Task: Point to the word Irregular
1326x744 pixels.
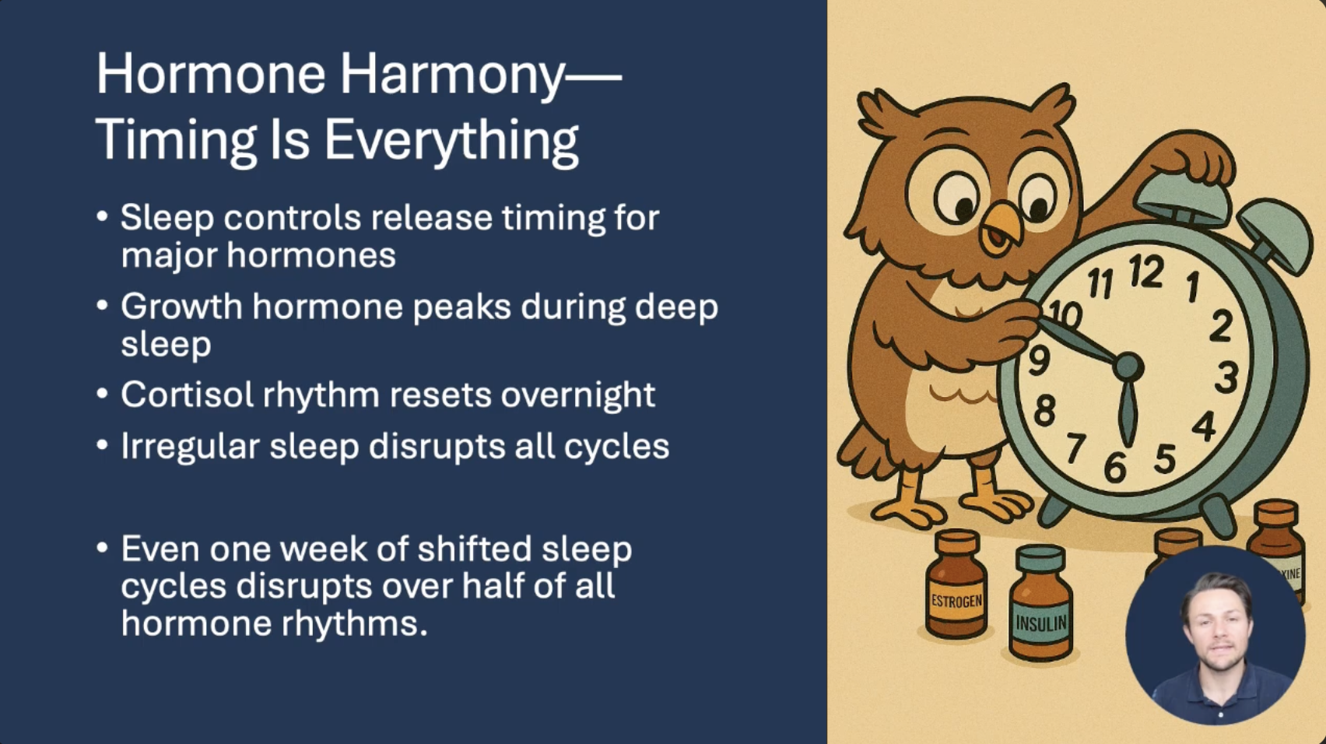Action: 190,447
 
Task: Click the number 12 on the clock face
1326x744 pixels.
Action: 1146,272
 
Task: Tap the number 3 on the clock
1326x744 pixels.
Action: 1226,378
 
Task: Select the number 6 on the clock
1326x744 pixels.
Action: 1115,468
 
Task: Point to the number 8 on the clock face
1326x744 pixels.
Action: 1044,410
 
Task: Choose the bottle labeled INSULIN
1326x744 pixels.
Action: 1040,602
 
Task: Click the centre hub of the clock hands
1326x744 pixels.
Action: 1128,367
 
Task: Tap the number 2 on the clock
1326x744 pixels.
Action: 1221,325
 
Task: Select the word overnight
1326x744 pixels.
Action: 578,395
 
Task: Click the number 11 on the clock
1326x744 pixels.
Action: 1101,283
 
